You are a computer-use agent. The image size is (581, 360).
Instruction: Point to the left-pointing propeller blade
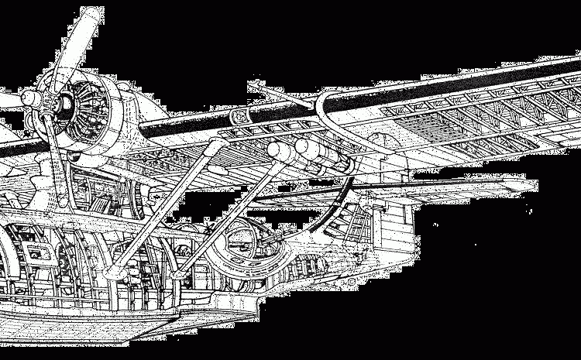[x=8, y=101]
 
